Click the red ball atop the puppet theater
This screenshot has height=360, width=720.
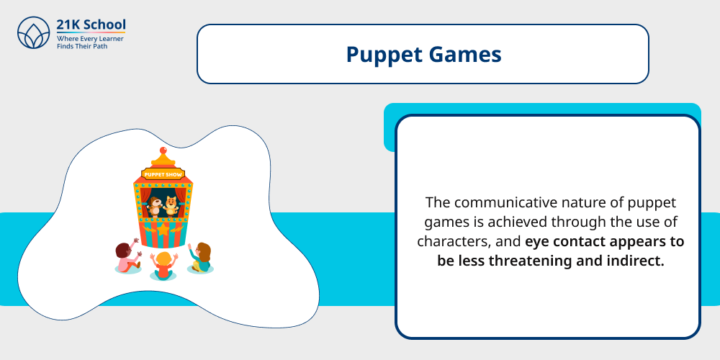tap(163, 150)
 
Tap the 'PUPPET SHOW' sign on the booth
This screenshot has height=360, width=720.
tap(163, 174)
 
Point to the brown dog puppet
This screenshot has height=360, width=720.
tap(155, 206)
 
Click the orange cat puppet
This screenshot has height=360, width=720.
tap(171, 206)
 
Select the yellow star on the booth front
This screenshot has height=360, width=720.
tap(163, 230)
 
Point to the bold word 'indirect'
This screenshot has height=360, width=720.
tap(634, 261)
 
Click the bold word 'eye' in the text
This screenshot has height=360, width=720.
tap(537, 241)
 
